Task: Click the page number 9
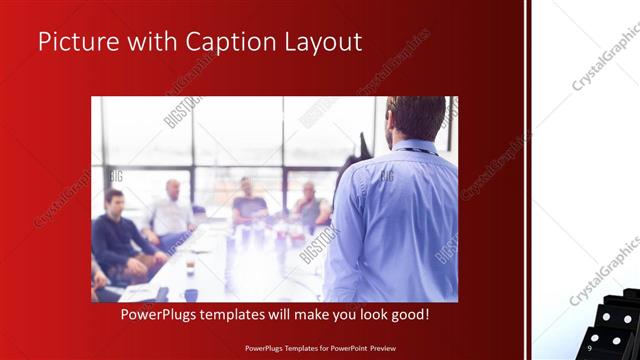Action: coord(590,348)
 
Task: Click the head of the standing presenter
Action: coord(416,118)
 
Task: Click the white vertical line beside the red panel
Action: coord(527,180)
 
